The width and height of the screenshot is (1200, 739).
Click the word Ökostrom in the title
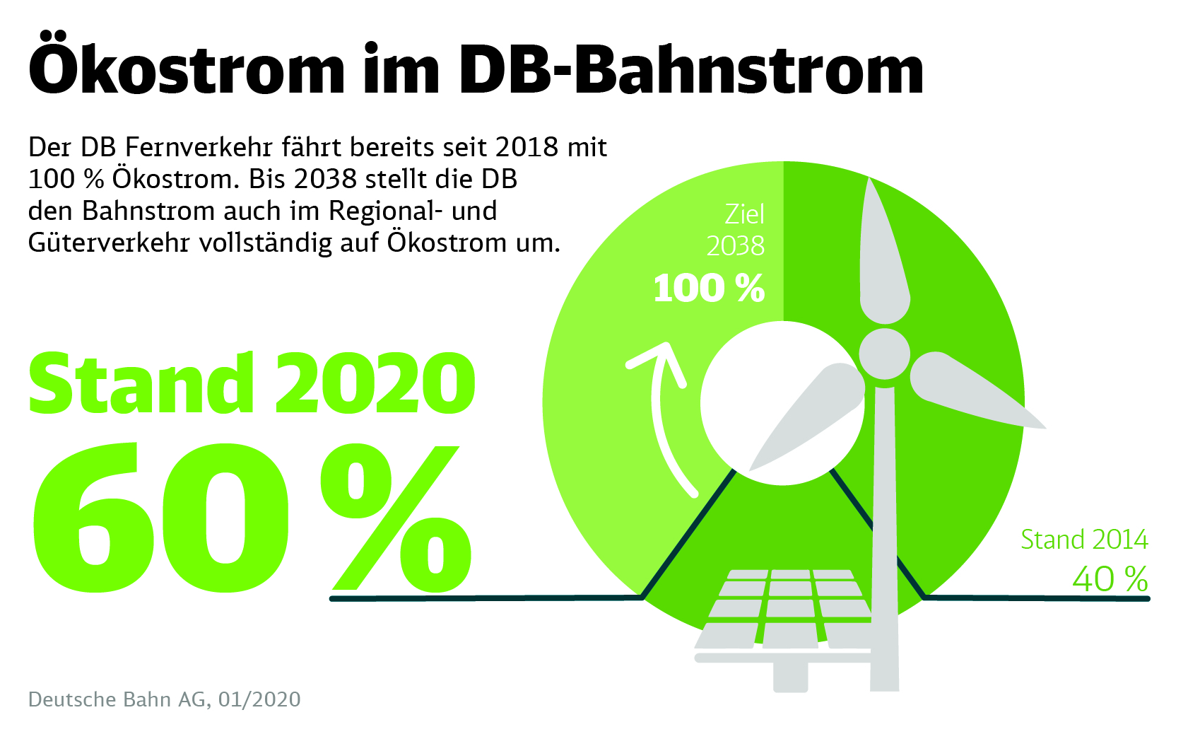coord(187,68)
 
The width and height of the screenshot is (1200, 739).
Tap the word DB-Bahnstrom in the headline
coord(690,68)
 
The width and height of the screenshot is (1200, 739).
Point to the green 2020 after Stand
coord(375,383)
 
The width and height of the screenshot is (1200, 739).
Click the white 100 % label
coord(709,289)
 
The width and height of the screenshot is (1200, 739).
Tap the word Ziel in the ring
coord(744,214)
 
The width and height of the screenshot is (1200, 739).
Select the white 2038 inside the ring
coord(735,246)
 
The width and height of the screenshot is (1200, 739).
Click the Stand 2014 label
coord(1084,540)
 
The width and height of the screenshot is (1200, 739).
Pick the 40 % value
coord(1110,579)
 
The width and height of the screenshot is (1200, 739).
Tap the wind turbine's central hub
coord(884,353)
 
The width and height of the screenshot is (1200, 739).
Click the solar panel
coord(784,608)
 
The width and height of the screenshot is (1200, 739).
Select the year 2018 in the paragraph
coord(527,147)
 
